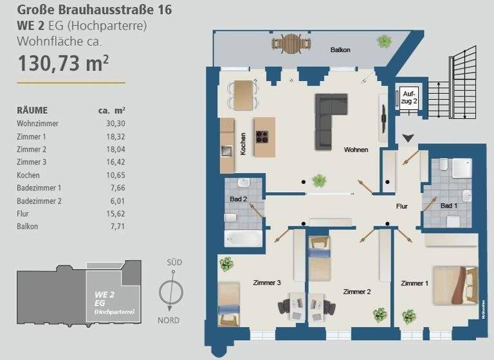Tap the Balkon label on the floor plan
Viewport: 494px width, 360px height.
coord(340,50)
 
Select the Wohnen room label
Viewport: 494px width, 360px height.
coord(356,150)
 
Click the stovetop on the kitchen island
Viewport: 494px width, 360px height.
coord(263,136)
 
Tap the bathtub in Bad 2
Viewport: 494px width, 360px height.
coord(244,239)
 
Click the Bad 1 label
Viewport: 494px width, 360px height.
coord(449,206)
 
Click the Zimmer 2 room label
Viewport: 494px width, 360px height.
coord(357,291)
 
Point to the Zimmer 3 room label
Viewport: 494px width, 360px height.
coord(268,282)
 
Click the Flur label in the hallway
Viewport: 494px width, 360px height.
coord(403,206)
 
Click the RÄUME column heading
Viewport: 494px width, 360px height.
coord(33,110)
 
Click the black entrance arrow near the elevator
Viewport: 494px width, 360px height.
coord(408,137)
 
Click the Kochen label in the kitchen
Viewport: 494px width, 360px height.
coord(244,145)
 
